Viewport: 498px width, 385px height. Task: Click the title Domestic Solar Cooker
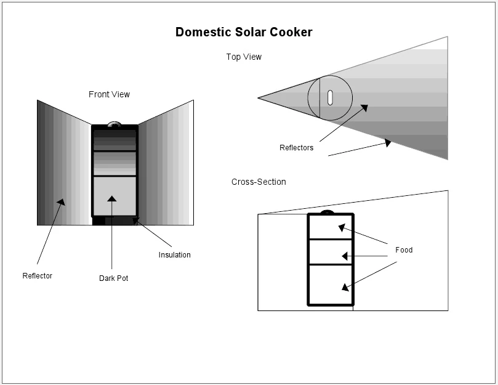pos(244,32)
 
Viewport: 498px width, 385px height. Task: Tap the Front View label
pos(109,94)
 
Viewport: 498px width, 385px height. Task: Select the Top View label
pos(244,57)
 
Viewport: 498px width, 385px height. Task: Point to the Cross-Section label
pos(259,182)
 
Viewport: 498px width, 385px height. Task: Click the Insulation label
pos(174,255)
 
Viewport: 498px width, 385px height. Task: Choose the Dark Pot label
pos(113,278)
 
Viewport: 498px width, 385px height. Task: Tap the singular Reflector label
pos(38,276)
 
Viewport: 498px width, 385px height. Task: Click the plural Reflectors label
pos(296,148)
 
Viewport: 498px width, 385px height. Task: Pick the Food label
pos(404,250)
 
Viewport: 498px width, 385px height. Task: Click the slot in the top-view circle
pos(330,97)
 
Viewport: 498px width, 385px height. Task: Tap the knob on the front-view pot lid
pos(114,124)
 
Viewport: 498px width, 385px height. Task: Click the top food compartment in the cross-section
pos(331,227)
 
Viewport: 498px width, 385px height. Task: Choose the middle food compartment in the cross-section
pos(331,252)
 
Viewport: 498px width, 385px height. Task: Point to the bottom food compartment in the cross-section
pos(331,284)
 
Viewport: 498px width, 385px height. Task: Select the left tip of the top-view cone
pos(259,98)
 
